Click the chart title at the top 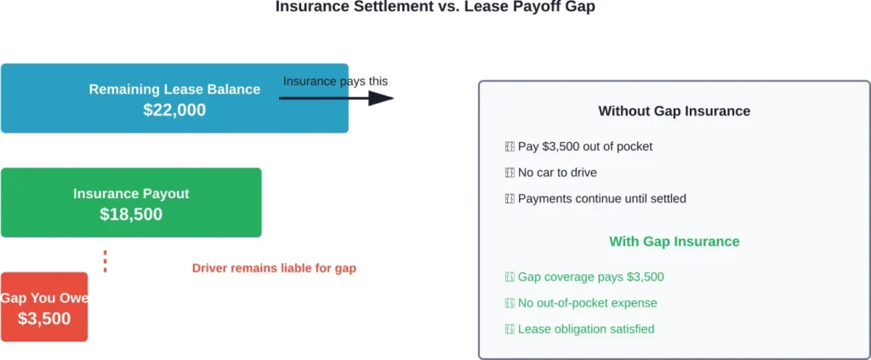(435, 8)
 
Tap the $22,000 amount (174, 110)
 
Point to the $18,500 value (131, 214)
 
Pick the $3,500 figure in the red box (44, 319)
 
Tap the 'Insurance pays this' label (335, 82)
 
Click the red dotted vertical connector (105, 260)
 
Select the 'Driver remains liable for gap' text (274, 268)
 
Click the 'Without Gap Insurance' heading (674, 111)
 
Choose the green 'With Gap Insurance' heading (674, 242)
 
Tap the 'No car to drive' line (557, 173)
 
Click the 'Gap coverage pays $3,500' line (590, 277)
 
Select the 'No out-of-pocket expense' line (587, 303)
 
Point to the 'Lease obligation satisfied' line (586, 329)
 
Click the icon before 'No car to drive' (510, 173)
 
